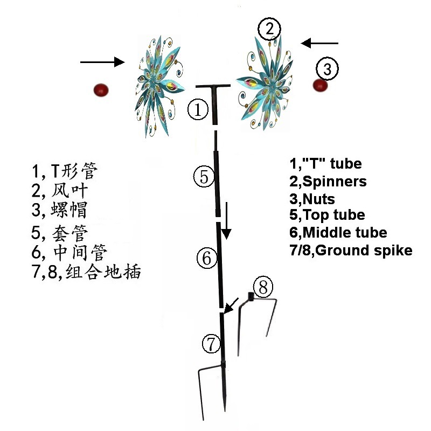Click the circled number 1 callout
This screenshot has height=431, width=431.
(x=198, y=110)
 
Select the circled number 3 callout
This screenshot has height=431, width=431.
(x=328, y=68)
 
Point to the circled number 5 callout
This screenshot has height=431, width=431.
(x=204, y=176)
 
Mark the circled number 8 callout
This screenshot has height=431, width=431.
(x=262, y=287)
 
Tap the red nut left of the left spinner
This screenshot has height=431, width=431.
(x=101, y=89)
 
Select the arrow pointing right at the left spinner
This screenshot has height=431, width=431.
(x=102, y=62)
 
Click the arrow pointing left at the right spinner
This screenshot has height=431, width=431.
(x=319, y=43)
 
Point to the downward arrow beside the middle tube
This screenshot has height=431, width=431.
(x=227, y=221)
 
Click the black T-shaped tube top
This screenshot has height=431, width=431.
(x=213, y=87)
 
